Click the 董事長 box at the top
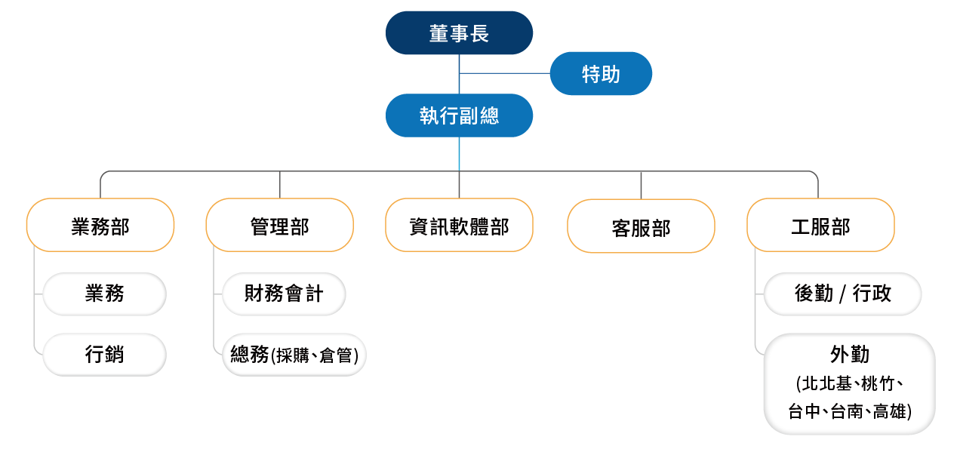pyautogui.click(x=459, y=33)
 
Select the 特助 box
pyautogui.click(x=601, y=74)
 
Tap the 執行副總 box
pyautogui.click(x=459, y=115)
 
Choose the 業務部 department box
pyautogui.click(x=100, y=226)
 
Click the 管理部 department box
pyautogui.click(x=279, y=226)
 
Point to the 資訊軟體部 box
pyautogui.click(x=459, y=226)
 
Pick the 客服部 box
pyautogui.click(x=641, y=227)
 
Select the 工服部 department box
pyautogui.click(x=820, y=226)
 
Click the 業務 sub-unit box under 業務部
pyautogui.click(x=104, y=294)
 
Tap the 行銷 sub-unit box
pyautogui.click(x=104, y=354)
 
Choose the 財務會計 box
pyautogui.click(x=284, y=294)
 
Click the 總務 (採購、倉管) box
pyautogui.click(x=294, y=354)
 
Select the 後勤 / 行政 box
pyautogui.click(x=842, y=294)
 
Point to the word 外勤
pyautogui.click(x=850, y=355)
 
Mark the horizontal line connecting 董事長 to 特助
pyautogui.click(x=504, y=73)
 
